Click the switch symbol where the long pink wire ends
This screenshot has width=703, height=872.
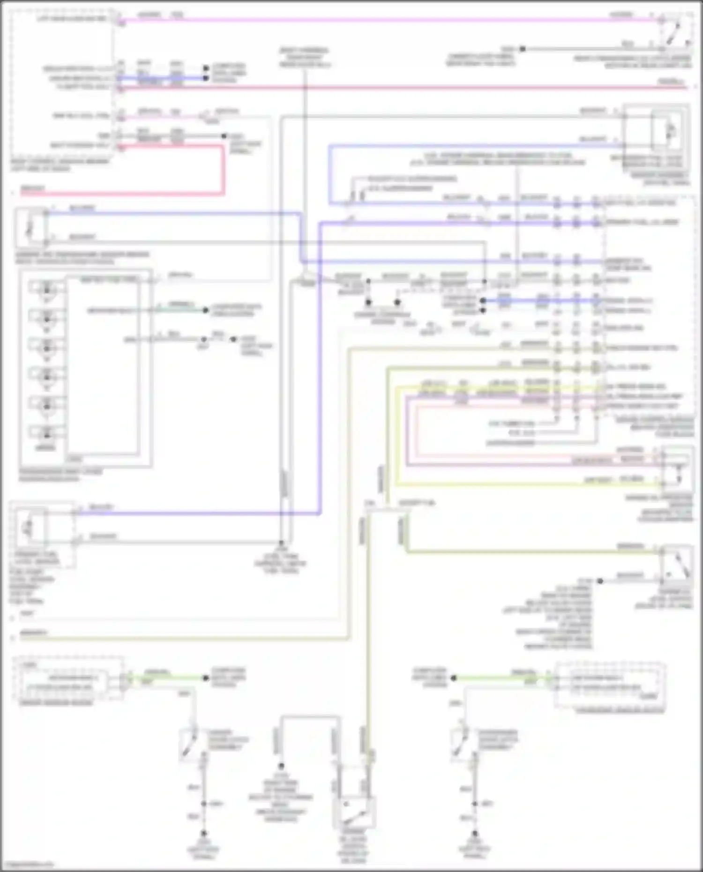coord(675,33)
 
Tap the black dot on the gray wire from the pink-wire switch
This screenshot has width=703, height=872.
coord(523,49)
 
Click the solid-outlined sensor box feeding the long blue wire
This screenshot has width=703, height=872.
coord(31,228)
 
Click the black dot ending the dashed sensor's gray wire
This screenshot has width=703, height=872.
coord(281,544)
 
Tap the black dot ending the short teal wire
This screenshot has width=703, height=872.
coord(205,310)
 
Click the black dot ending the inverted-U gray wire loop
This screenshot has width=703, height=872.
coord(281,767)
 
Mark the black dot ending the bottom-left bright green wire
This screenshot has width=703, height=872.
coord(205,678)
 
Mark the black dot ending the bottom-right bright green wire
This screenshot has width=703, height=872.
coord(454,678)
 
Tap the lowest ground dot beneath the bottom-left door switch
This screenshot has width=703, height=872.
coord(204,834)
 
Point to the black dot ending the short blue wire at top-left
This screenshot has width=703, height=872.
coord(205,78)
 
